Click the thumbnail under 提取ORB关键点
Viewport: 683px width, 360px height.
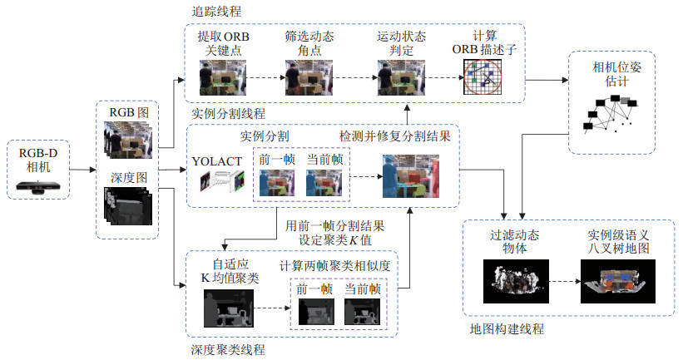tap(218, 79)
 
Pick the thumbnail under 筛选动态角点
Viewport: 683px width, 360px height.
tap(304, 79)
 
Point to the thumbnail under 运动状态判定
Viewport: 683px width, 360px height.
tap(396, 79)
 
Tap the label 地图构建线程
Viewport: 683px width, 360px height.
tap(507, 329)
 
